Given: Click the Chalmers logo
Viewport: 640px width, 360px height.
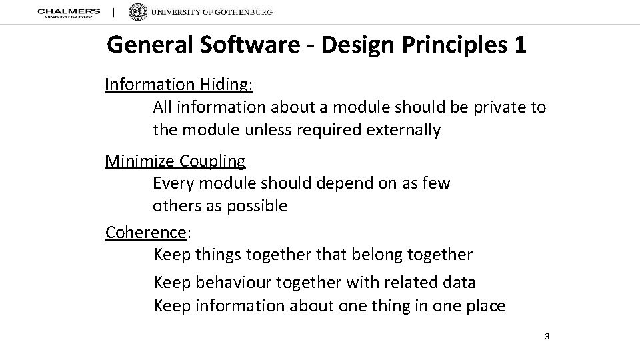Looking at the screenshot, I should [x=69, y=13].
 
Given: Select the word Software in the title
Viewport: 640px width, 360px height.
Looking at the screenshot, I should [x=242, y=45].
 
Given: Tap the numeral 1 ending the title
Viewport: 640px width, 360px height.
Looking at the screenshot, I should [x=520, y=45].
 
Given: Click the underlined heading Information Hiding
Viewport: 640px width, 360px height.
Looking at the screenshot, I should [x=179, y=85].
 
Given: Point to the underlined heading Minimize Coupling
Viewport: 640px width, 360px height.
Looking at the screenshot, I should [x=175, y=161].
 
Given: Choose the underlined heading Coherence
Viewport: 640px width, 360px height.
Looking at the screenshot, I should [x=146, y=232].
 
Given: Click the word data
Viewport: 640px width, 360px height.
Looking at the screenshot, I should [x=459, y=283].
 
